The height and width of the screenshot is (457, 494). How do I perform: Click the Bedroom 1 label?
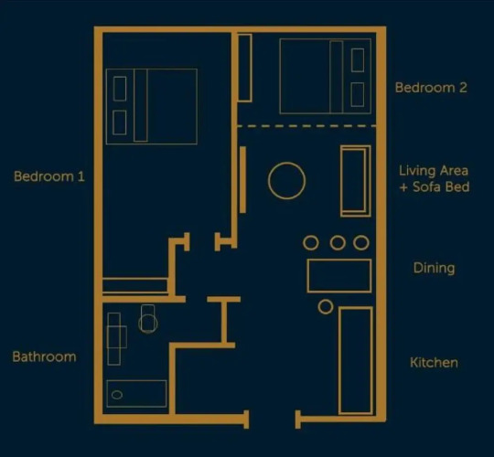tap(49, 176)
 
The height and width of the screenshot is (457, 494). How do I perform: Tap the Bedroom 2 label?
tap(431, 88)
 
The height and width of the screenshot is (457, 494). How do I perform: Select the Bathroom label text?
tap(45, 356)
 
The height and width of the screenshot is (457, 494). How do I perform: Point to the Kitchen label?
tap(434, 363)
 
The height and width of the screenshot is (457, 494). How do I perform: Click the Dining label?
tap(435, 268)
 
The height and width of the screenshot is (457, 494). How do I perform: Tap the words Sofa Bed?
tap(441, 187)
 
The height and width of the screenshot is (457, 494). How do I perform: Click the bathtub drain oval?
tap(117, 395)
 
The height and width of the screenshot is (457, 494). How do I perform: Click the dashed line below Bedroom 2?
tap(306, 126)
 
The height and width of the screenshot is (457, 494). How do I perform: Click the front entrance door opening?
tap(273, 420)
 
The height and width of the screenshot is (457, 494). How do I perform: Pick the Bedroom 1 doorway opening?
tap(202, 242)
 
